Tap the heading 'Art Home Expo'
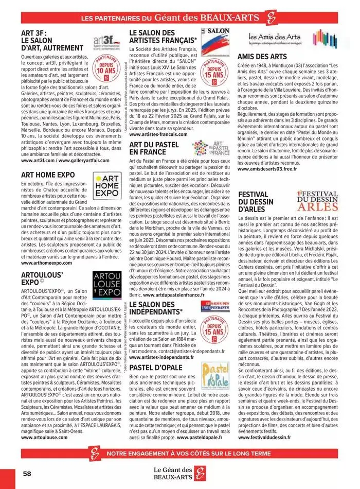coord(48,175)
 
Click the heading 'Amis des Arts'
coord(262,56)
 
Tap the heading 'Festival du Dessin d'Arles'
coord(259,202)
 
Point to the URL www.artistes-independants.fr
coord(161,357)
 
